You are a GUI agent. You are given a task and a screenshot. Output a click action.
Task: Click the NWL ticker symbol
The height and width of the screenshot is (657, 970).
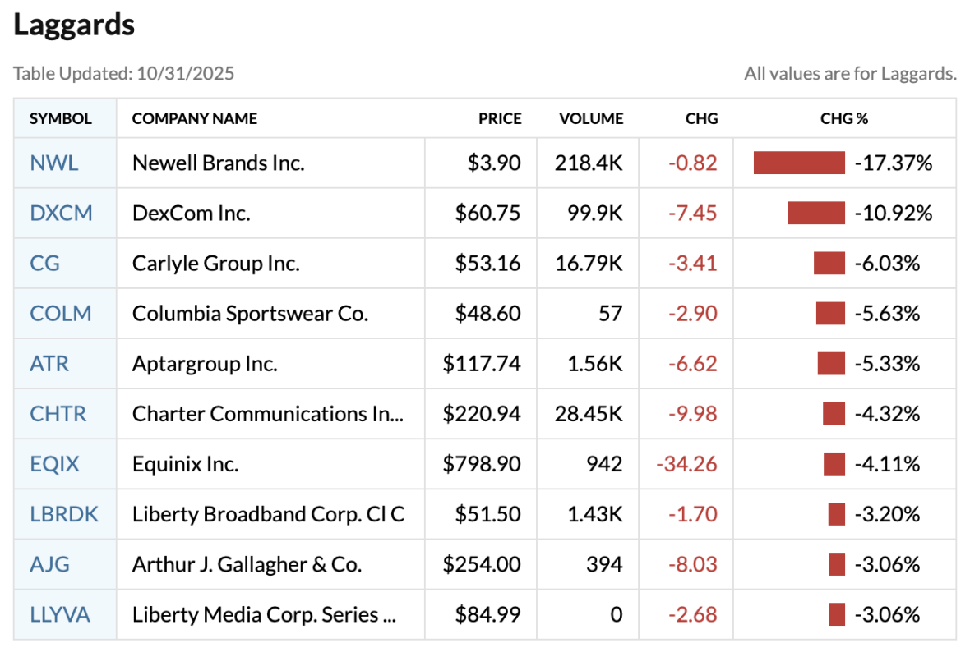point(54,163)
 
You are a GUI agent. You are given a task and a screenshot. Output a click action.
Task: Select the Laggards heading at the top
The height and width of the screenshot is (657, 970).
point(74,25)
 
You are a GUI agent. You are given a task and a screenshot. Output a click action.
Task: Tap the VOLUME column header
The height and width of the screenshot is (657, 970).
point(591,118)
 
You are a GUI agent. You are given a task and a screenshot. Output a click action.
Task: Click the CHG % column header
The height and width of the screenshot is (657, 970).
point(844,118)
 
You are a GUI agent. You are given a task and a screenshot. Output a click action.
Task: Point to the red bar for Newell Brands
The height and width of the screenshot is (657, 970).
point(799,163)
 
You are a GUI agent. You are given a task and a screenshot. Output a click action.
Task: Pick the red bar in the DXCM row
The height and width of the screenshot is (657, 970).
point(816,214)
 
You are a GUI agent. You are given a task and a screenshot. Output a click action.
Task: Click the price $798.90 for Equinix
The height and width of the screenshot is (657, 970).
point(482,464)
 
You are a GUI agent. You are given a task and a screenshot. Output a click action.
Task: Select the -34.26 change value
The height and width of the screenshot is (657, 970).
point(686,464)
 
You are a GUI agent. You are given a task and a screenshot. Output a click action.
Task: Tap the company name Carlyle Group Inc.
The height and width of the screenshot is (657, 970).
point(216,264)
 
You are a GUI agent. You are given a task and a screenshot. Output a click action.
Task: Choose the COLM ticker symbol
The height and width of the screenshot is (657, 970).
point(61,314)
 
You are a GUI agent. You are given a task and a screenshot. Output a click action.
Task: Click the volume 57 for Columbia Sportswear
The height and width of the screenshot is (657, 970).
point(610,314)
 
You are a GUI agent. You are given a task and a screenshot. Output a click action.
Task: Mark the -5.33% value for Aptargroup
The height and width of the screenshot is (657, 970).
point(887,364)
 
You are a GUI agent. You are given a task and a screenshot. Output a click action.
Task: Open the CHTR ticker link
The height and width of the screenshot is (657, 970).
point(58,414)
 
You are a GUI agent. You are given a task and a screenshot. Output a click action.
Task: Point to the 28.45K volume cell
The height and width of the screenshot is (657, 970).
point(589,414)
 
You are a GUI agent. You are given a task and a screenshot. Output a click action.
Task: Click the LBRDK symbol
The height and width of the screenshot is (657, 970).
point(64,514)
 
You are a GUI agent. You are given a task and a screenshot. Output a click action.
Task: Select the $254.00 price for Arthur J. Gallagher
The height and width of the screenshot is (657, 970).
point(482,564)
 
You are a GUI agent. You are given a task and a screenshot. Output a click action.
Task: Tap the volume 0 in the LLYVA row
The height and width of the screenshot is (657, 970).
point(616,614)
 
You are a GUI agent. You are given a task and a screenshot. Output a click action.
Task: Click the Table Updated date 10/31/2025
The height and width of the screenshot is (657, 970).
point(187,74)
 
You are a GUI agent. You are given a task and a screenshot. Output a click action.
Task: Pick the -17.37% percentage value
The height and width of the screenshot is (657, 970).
point(894,163)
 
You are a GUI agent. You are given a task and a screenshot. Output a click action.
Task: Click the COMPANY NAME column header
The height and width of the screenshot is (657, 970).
point(195,118)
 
